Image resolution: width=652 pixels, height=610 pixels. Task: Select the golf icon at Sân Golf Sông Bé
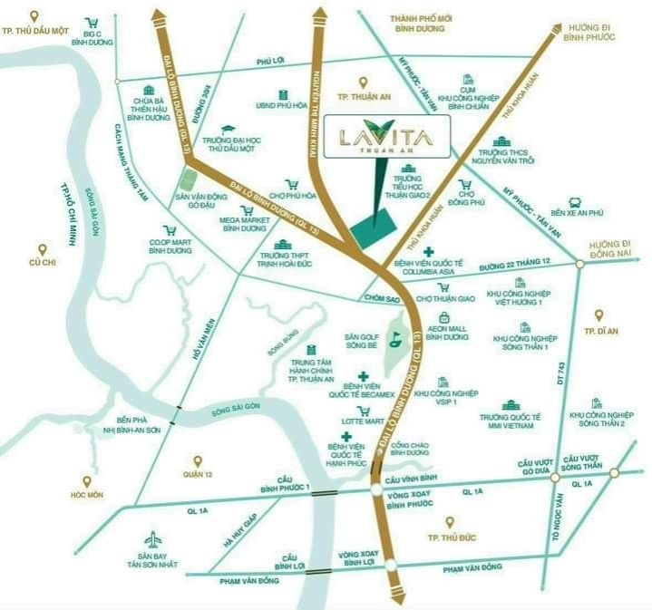click(395, 342)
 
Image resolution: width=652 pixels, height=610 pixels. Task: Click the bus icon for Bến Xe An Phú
click(574, 203)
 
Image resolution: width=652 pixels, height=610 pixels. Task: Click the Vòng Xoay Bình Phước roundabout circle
click(377, 491)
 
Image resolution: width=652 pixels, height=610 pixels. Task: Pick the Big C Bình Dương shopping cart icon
click(92, 24)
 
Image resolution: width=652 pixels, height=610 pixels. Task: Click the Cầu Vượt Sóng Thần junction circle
click(614, 473)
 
